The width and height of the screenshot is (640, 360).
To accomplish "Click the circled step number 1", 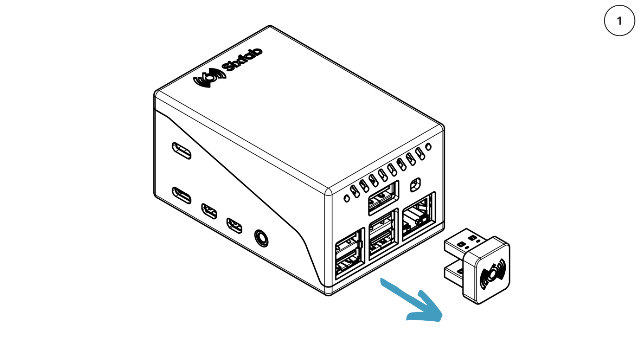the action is tap(619, 20).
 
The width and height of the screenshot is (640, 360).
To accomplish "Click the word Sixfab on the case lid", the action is tap(242, 59).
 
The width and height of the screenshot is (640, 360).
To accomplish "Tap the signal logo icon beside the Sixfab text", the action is tap(209, 77).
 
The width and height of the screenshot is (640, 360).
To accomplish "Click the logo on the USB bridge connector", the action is tap(493, 274).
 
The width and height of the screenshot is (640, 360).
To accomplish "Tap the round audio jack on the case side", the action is tap(261, 238).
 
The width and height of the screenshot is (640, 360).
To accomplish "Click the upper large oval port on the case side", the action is tap(181, 150).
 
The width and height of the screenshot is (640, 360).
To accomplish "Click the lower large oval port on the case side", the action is tap(181, 195).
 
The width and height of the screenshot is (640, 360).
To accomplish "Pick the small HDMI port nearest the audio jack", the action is tap(234, 225).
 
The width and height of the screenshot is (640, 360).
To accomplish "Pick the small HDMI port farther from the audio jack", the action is tap(209, 211).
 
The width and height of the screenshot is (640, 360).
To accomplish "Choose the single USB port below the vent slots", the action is tap(383, 198).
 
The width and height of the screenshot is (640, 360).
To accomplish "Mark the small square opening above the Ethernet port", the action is tap(415, 185).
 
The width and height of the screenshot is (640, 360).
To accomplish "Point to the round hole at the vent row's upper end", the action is tap(428, 147).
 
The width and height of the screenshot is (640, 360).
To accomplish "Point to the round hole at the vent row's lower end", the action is tap(347, 199).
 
